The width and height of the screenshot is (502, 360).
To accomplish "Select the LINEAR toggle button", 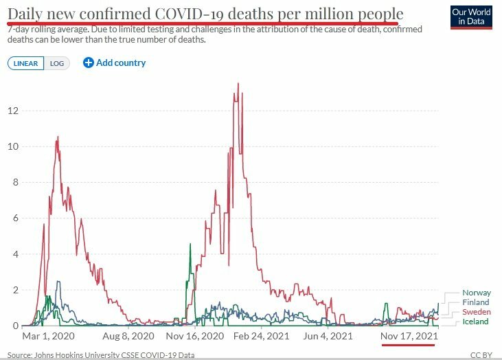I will pos(27,63).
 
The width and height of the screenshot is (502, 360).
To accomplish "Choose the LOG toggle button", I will pos(57,63).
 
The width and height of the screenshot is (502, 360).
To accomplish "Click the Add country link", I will pos(115,63).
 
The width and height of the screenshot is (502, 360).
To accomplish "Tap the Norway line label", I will pos(476,293).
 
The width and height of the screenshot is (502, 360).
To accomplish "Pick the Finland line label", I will pos(476,302).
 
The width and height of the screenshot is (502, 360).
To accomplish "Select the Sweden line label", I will pos(476,312).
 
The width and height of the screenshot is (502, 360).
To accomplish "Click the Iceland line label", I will pos(475,322).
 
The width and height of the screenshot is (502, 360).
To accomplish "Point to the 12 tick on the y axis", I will pos(14,111).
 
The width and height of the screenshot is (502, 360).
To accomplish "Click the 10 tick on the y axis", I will pos(14,146).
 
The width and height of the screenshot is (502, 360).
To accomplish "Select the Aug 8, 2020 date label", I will pos(130,337).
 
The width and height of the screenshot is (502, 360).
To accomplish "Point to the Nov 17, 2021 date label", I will pos(409,337).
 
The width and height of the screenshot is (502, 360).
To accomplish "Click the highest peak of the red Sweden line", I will pos(238,84).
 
